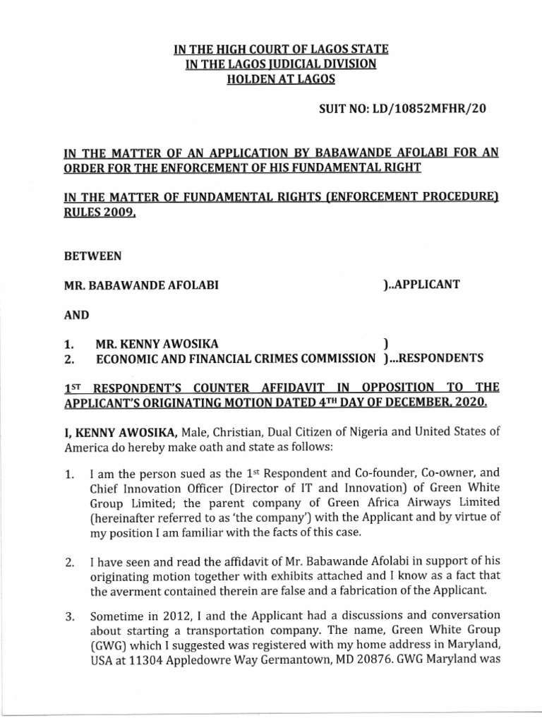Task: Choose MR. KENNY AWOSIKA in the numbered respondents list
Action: pos(147,344)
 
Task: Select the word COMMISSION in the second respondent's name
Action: pos(337,358)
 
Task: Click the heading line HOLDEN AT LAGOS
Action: pos(270,79)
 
